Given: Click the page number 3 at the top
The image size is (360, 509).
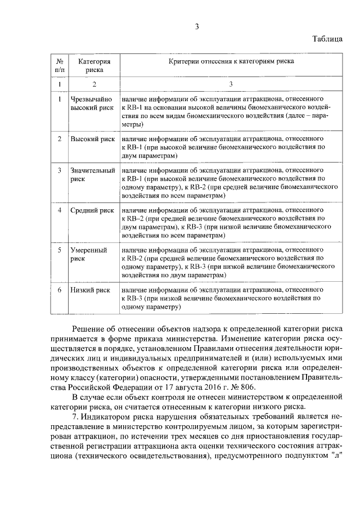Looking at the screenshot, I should point(197,26).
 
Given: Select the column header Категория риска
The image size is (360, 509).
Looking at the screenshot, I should point(94,66).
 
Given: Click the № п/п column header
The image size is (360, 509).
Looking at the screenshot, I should point(60,66).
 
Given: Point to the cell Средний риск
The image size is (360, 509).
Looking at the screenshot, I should point(92,210).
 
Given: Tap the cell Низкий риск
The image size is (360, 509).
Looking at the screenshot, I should point(90,290).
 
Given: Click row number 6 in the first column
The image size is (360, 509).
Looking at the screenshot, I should point(60,290).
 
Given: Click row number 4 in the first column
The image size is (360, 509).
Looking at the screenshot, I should point(60,210).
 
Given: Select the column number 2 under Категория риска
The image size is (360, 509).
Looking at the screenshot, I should point(94,84).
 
